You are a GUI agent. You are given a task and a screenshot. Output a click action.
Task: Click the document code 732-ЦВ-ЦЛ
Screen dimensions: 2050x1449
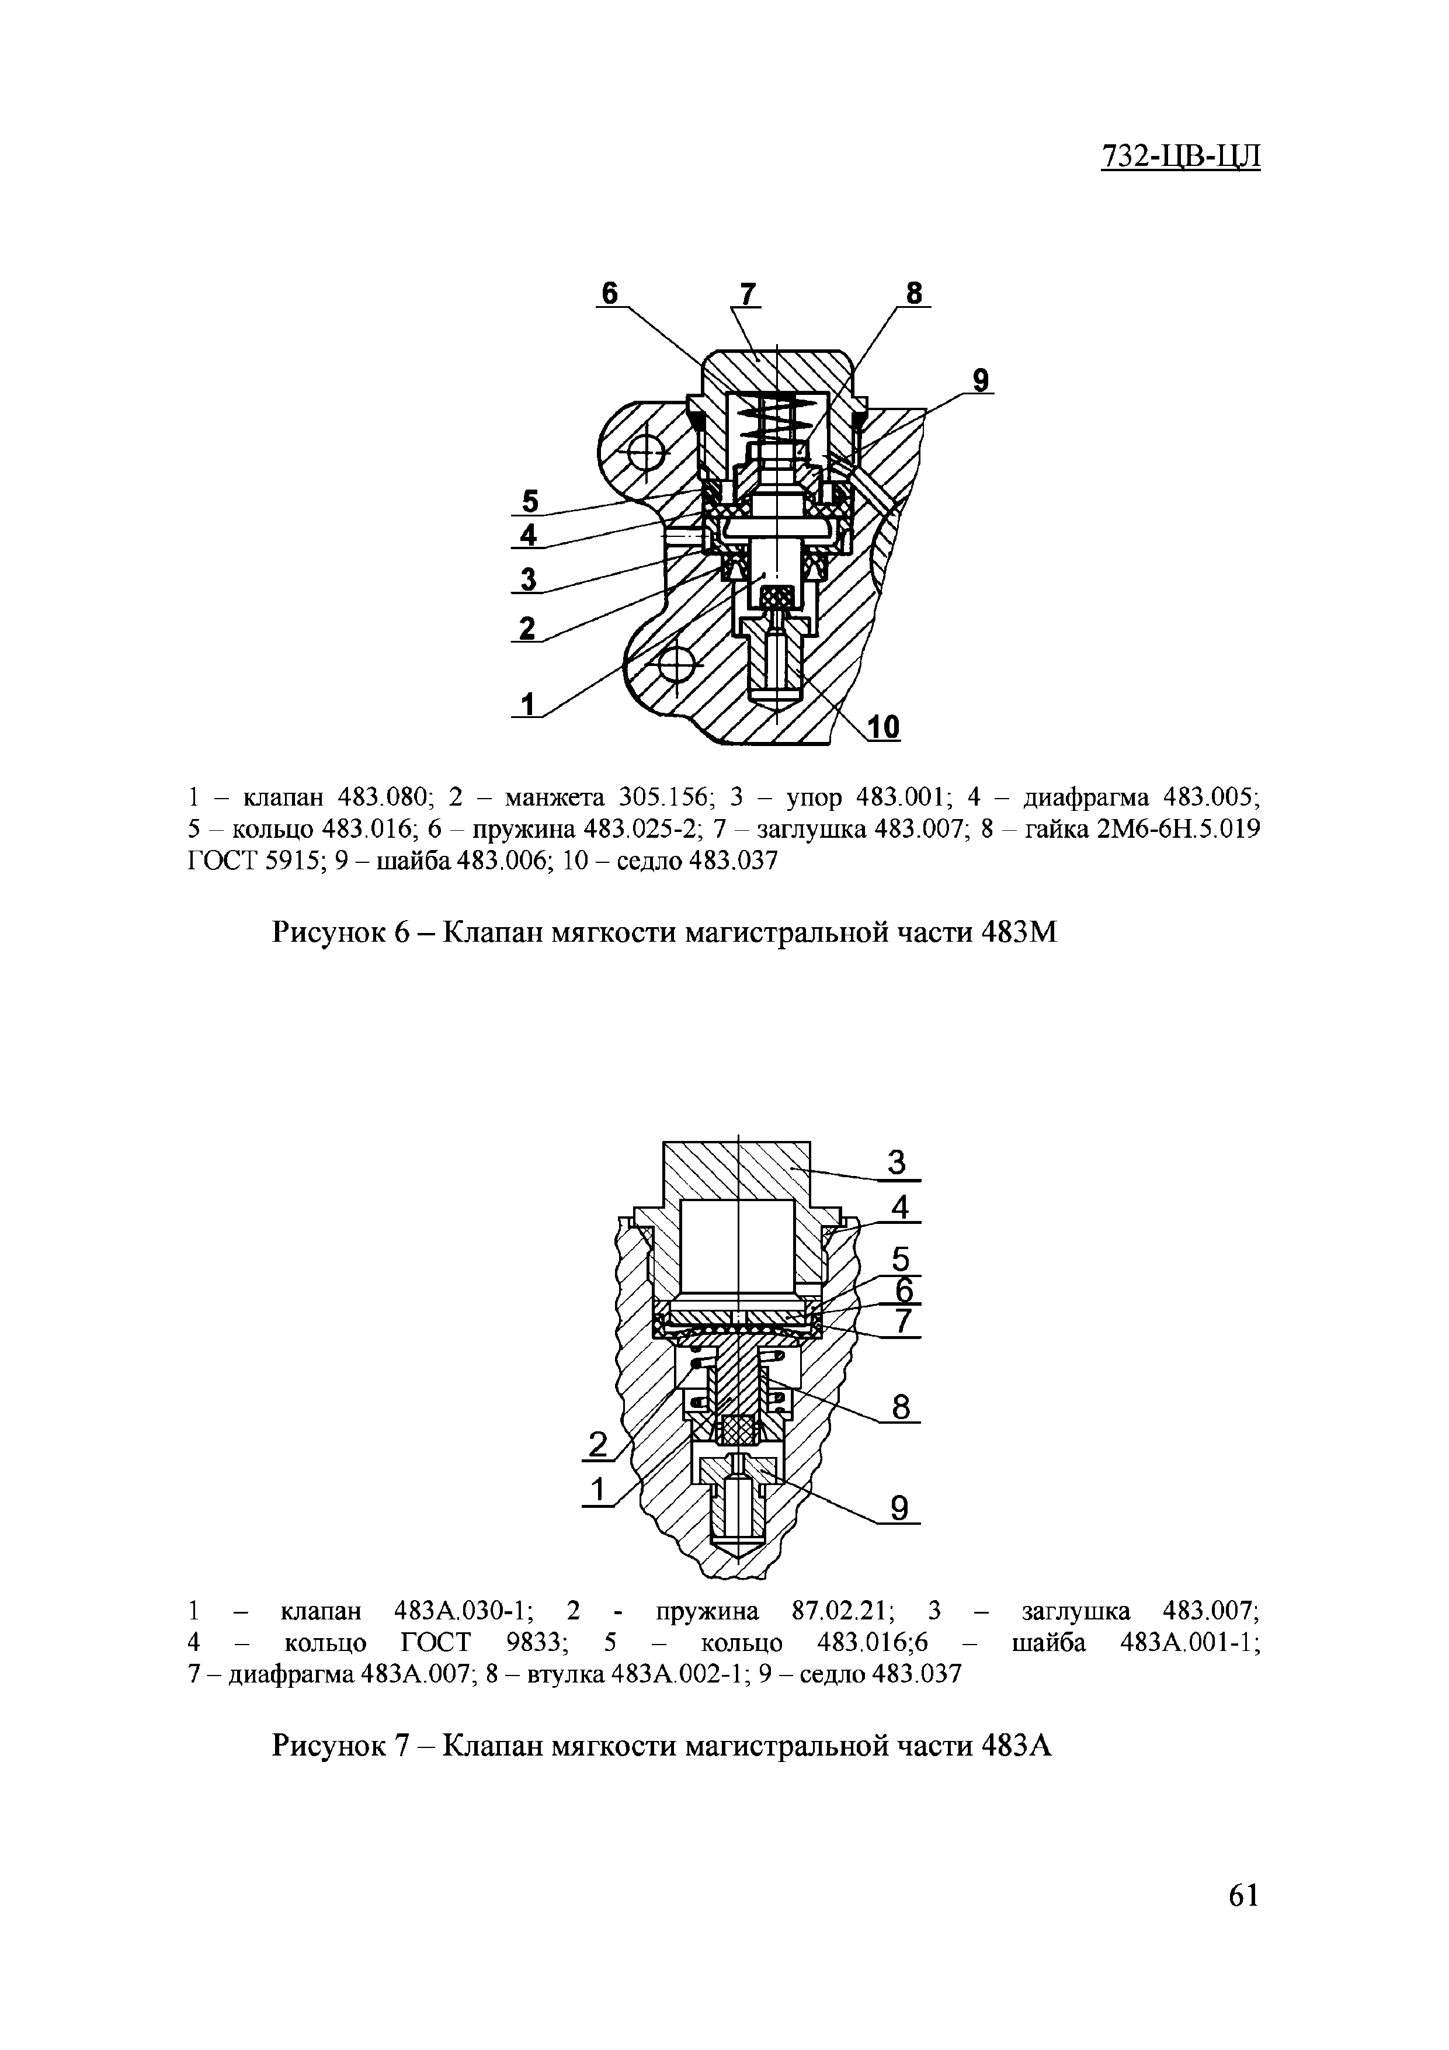1180,155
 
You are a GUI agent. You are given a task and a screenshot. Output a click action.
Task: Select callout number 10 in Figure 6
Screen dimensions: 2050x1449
884,728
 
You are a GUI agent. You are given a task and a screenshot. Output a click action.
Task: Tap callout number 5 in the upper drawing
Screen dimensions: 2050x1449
530,499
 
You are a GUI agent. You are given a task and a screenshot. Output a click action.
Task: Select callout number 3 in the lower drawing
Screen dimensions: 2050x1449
897,1163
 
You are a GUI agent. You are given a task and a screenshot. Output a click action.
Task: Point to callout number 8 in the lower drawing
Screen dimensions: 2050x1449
900,1408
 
